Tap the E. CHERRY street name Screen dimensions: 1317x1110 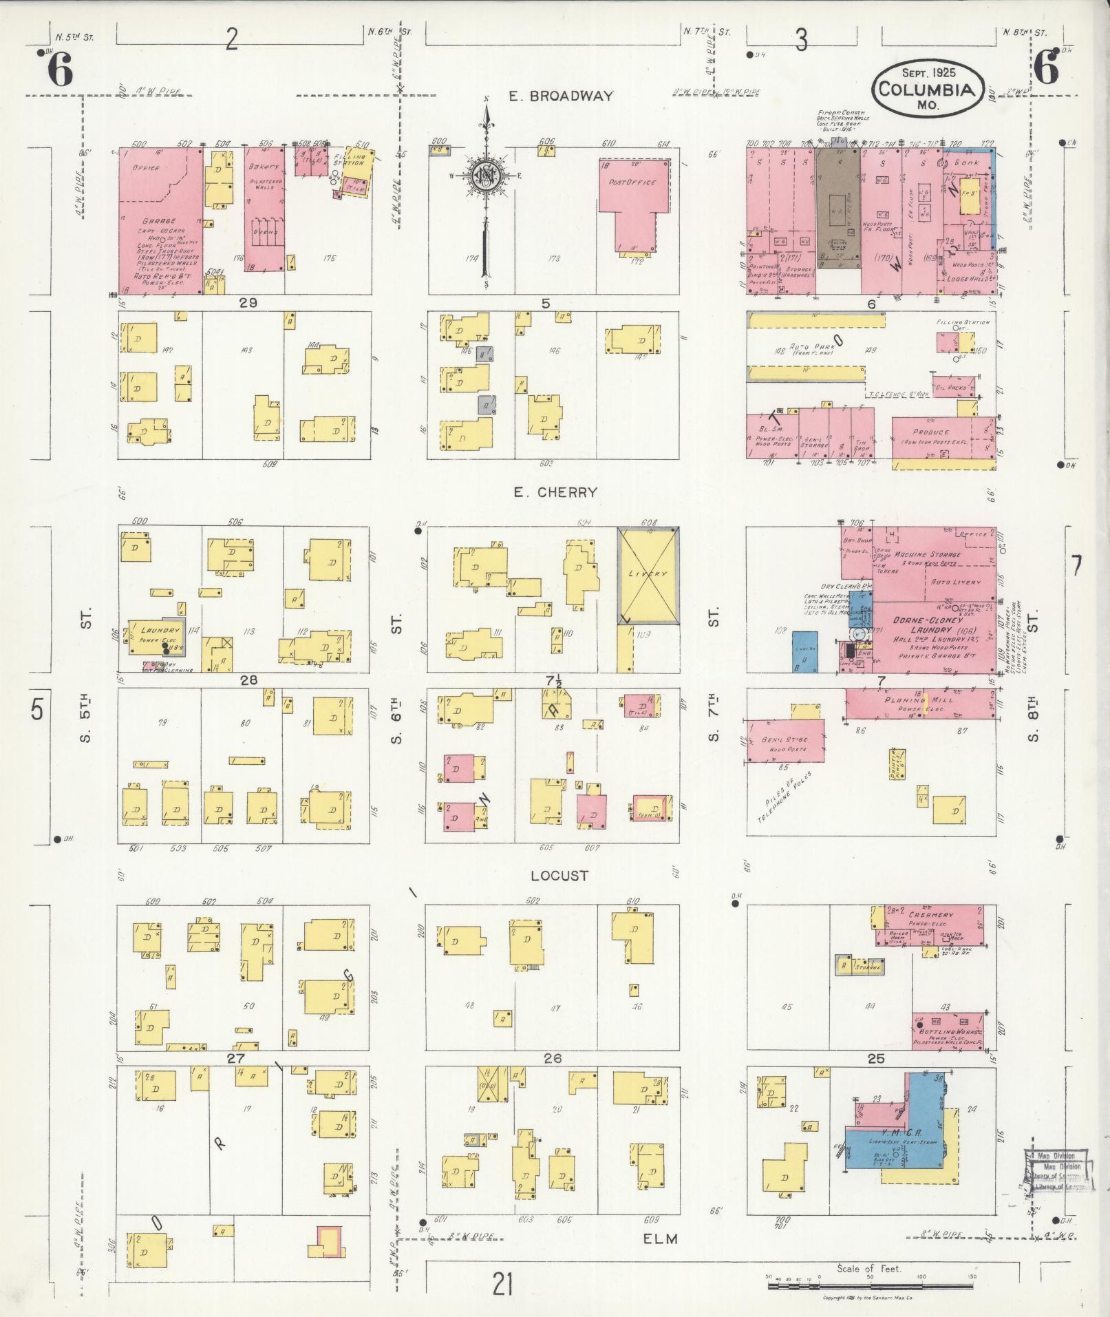555,492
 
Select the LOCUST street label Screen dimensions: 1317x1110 559,876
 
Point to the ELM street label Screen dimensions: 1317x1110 660,1239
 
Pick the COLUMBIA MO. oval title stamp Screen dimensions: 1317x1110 926,89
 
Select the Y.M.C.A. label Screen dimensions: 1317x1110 893,1133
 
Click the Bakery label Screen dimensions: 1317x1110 264,166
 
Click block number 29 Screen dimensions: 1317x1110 247,303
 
